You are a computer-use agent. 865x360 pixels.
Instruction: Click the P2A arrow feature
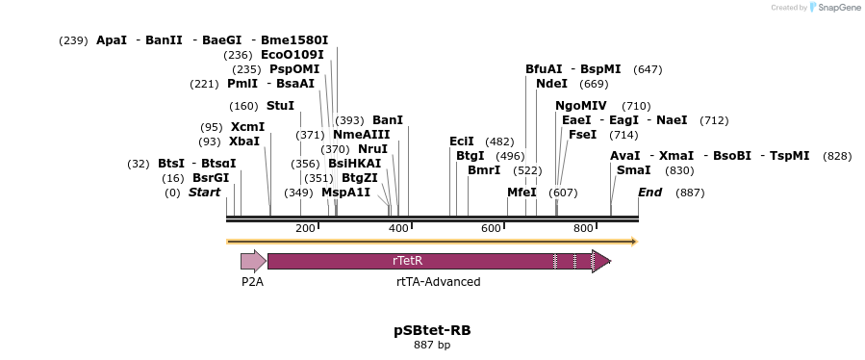pos(253,261)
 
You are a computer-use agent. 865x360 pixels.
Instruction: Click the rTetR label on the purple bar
pos(408,261)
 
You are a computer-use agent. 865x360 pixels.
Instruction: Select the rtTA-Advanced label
pos(438,282)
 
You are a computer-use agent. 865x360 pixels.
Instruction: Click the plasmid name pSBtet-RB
pos(432,330)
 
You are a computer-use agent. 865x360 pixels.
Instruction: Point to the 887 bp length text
pos(432,345)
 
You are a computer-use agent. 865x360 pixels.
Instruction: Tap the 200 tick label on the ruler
pos(305,228)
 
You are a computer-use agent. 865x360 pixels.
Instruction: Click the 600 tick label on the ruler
pos(491,228)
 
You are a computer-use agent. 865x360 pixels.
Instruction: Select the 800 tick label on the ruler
pos(583,228)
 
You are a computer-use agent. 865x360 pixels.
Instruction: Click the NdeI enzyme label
pos(551,84)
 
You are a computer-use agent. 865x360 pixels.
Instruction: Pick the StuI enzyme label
pos(280,106)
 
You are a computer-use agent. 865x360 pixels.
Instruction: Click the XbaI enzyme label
pos(244,141)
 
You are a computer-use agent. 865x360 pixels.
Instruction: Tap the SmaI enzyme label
pos(633,170)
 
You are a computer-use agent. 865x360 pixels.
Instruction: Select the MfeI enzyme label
pos(522,193)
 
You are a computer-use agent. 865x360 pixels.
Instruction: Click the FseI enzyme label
pos(583,135)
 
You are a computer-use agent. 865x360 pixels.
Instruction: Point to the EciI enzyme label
pos(462,141)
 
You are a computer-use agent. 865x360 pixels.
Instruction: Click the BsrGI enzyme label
pos(211,178)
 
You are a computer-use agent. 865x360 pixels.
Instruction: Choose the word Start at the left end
pos(204,193)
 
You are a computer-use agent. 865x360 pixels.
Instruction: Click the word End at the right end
pos(650,193)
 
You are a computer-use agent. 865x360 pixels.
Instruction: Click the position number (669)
pos(594,84)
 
